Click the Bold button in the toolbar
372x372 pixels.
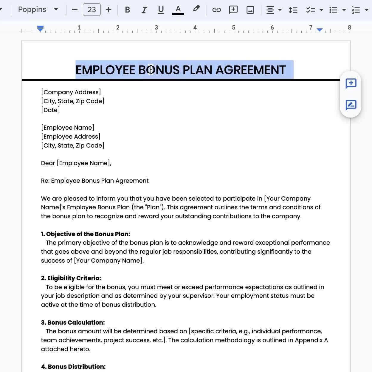127,10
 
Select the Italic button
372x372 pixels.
144,10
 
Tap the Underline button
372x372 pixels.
161,10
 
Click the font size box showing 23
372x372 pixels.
92,10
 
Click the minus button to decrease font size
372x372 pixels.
75,10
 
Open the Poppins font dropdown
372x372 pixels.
38,10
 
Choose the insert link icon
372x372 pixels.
216,10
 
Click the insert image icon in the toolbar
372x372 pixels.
250,10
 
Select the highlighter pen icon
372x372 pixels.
196,9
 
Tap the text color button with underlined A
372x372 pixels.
178,10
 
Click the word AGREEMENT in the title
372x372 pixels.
250,70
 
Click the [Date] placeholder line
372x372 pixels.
50,110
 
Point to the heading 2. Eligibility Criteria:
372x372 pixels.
71,278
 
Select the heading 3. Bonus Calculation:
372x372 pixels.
73,323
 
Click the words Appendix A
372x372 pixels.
311,340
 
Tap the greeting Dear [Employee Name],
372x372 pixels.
76,163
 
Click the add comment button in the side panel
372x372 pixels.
351,83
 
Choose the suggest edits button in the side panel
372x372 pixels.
351,105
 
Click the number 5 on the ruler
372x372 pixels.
234,27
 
